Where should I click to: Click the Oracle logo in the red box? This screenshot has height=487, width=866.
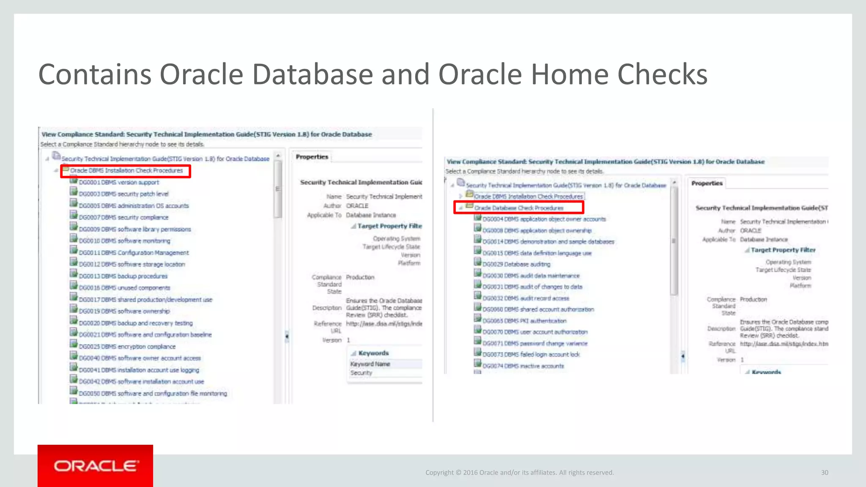coord(96,466)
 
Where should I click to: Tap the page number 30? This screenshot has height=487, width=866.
coord(825,473)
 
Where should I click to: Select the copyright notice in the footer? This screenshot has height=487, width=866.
coord(519,473)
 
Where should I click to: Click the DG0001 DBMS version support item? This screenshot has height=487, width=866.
coord(119,182)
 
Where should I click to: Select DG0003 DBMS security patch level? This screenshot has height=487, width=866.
coord(123,194)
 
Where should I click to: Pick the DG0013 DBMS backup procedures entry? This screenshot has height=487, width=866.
coord(123,276)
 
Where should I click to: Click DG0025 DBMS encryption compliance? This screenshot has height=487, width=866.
coord(127,347)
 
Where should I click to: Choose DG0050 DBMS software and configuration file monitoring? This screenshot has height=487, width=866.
coord(153,394)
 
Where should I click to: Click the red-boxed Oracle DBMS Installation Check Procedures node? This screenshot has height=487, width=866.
coord(126,171)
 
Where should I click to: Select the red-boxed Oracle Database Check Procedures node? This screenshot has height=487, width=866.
coord(518,208)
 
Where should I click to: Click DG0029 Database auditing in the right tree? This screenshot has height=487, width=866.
coord(516,264)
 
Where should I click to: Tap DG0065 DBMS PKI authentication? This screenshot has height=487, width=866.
coord(524,321)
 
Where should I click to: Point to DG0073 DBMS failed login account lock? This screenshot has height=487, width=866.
coord(531,355)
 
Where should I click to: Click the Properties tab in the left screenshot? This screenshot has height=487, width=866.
coord(312,157)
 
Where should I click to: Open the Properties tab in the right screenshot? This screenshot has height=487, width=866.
coord(707,183)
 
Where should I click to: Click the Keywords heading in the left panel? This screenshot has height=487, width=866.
coord(373,353)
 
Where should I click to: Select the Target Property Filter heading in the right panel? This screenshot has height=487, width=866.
coord(783,250)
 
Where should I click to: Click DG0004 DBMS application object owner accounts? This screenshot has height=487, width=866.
coord(544,219)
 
